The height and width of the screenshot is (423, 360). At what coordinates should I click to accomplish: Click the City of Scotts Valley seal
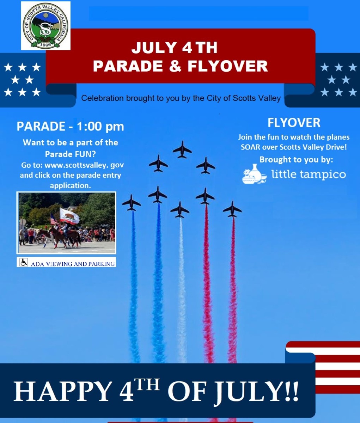click(x=45, y=26)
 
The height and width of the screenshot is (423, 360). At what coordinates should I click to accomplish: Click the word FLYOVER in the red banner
click(x=227, y=66)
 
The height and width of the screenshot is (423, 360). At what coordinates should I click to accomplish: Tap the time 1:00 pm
click(x=100, y=126)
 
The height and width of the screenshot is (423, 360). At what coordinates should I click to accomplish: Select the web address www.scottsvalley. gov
click(x=84, y=165)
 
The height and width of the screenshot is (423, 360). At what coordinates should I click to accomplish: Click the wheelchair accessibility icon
click(x=24, y=262)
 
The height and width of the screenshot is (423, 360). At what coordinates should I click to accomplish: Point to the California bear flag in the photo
click(x=69, y=215)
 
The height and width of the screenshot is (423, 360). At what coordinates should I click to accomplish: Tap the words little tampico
click(x=309, y=174)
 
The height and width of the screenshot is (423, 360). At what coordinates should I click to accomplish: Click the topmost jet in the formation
click(x=182, y=149)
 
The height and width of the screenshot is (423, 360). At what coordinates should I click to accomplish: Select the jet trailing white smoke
click(x=180, y=209)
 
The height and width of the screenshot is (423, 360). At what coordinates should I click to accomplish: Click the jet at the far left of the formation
click(x=131, y=202)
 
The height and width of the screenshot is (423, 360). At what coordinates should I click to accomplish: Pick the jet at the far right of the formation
click(x=232, y=209)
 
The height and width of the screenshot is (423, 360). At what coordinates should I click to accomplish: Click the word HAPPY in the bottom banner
click(x=62, y=392)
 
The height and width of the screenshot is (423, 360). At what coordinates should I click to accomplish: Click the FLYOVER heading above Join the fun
click(x=294, y=123)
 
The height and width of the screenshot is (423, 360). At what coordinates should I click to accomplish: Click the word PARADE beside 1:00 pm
click(x=41, y=126)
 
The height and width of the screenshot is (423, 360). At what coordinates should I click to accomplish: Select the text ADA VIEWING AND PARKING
click(x=73, y=263)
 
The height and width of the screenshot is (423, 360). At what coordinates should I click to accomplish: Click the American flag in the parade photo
click(x=54, y=219)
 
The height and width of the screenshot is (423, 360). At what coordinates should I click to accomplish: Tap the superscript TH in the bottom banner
click(x=147, y=385)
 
